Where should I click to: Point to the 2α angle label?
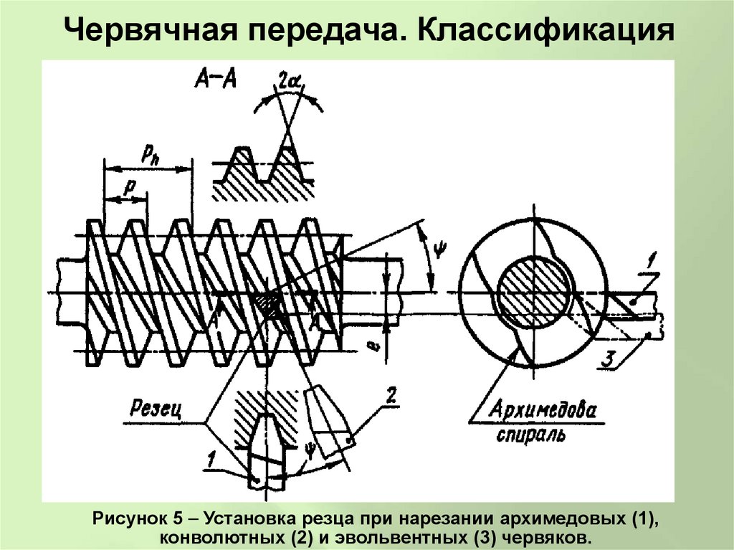tap(290, 84)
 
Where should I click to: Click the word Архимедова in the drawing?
tap(543, 411)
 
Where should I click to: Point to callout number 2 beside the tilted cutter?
tap(391, 394)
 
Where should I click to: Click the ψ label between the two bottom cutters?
tap(310, 450)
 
